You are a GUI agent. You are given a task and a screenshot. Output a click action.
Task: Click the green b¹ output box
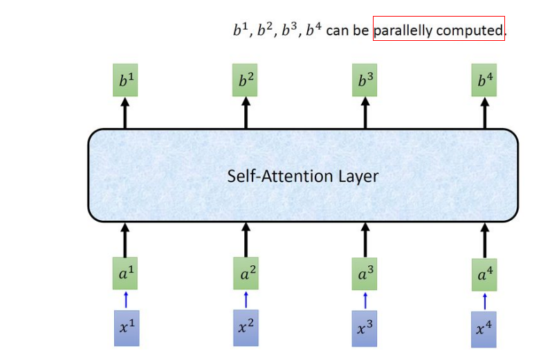pyautogui.click(x=125, y=82)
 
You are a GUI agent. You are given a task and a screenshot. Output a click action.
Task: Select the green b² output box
pyautogui.click(x=246, y=82)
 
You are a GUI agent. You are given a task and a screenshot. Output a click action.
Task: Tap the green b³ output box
pyautogui.click(x=365, y=82)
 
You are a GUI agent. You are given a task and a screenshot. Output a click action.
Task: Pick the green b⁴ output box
pyautogui.click(x=485, y=82)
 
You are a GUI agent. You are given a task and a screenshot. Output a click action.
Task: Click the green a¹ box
pyautogui.click(x=125, y=274)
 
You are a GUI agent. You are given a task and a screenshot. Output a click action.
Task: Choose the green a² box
pyautogui.click(x=246, y=274)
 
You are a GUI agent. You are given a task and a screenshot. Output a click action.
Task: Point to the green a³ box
pyautogui.click(x=365, y=274)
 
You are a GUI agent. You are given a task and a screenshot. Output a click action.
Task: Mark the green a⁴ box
pyautogui.click(x=485, y=274)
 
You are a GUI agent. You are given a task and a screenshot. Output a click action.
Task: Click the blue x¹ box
pyautogui.click(x=125, y=326)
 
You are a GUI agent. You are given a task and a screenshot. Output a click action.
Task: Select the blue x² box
pyautogui.click(x=246, y=326)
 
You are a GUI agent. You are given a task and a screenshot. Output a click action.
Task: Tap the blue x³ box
pyautogui.click(x=365, y=327)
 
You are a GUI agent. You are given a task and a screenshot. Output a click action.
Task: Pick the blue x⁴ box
pyautogui.click(x=485, y=327)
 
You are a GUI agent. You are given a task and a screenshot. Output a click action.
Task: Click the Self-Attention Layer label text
pyautogui.click(x=303, y=176)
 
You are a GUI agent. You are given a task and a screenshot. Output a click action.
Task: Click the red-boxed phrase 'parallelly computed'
pyautogui.click(x=439, y=30)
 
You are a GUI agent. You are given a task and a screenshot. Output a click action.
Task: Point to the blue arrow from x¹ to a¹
pyautogui.click(x=125, y=300)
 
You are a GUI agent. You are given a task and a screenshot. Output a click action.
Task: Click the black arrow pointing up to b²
pyautogui.click(x=246, y=112)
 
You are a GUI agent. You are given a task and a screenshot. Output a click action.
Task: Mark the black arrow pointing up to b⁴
pyautogui.click(x=485, y=112)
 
